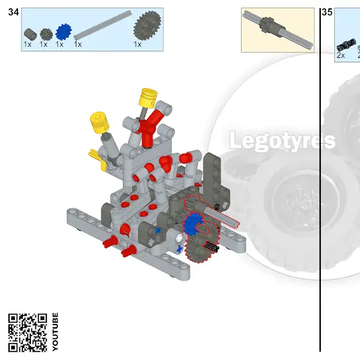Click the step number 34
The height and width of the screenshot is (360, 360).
tap(14, 12)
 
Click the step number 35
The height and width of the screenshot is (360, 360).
tap(327, 12)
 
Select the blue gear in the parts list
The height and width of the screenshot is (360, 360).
tap(64, 32)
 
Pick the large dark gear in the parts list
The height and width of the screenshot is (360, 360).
tap(147, 26)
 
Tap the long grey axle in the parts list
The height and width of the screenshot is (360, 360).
tap(103, 25)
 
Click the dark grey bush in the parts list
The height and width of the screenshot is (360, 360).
tap(30, 34)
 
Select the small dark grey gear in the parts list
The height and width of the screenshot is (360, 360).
tap(46, 34)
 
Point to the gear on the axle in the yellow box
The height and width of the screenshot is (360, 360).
tap(267, 24)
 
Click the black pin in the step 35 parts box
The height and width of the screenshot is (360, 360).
tap(346, 45)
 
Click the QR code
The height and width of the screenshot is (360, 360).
tap(28, 332)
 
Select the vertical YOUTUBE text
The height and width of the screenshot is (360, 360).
tap(55, 332)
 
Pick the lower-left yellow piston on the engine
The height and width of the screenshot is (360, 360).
tap(100, 122)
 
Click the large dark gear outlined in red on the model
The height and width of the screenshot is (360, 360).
tap(202, 244)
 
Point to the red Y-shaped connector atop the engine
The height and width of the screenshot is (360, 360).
tap(150, 127)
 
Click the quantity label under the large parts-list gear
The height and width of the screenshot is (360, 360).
tap(138, 44)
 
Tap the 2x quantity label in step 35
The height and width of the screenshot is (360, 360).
tap(341, 55)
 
